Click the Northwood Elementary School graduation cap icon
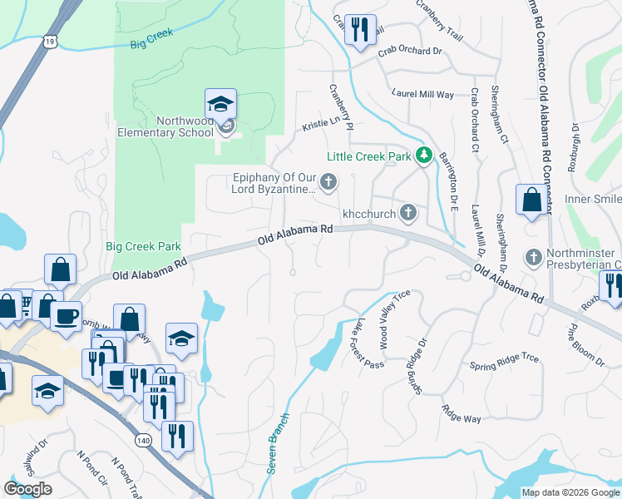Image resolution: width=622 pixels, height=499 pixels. point(220,105)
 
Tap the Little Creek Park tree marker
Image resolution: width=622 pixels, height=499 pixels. point(424,156)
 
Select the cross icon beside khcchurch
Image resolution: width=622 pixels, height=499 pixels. point(407,213)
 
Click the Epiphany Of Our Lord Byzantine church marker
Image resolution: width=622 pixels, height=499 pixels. point(329,181)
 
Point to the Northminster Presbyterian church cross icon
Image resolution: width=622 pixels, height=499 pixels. point(534,258)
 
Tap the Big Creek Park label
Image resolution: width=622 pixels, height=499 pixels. point(144,247)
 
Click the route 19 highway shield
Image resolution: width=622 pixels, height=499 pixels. point(52,40)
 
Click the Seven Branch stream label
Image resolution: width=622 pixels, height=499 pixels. point(278,444)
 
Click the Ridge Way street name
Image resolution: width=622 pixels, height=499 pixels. point(462,413)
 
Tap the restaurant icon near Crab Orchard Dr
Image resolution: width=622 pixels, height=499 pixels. point(360,31)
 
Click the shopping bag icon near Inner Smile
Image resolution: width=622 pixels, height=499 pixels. point(531,200)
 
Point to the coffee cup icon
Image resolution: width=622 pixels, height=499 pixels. point(66,317)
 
